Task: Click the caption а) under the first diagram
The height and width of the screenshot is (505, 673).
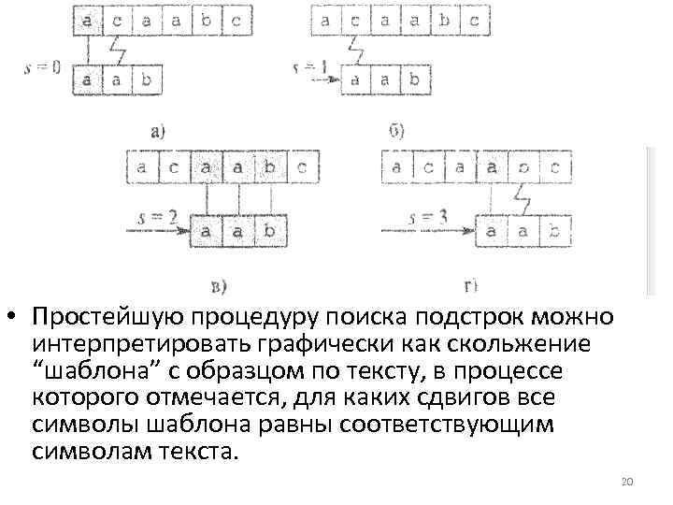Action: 157,132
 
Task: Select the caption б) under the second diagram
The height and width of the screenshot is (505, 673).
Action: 396,131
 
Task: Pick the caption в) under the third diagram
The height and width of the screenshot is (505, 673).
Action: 218,284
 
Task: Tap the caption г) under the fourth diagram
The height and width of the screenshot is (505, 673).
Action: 471,284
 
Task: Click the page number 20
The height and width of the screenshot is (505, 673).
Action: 627,482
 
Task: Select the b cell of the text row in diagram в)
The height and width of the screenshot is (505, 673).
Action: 270,169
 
